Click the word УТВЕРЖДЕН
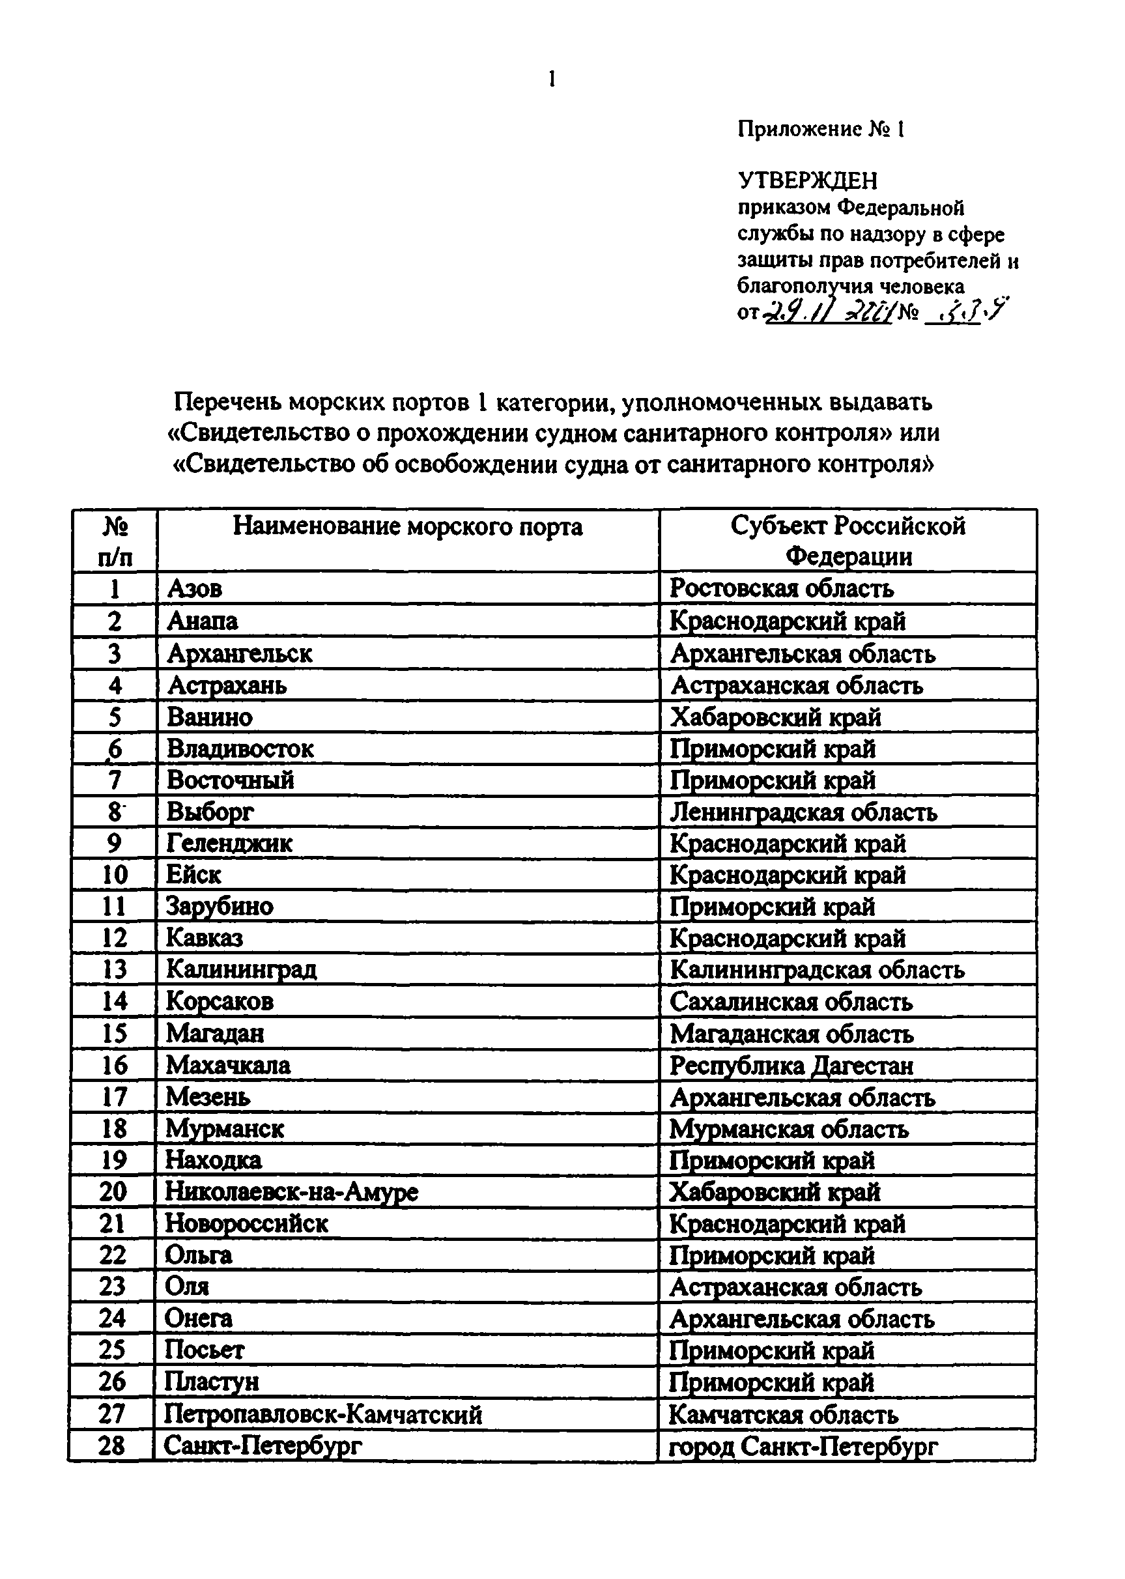coord(807,180)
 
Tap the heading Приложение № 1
coord(820,130)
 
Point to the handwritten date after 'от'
coord(827,314)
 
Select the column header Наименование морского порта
coord(407,527)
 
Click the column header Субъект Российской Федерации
coord(848,541)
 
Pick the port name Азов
coord(195,589)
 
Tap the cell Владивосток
coord(240,748)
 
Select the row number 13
coord(114,969)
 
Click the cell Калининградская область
coord(817,970)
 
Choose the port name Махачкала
coord(228,1065)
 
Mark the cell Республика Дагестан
coord(791,1066)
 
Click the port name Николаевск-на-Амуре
coord(292,1192)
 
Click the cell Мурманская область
coord(788,1130)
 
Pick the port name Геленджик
coord(229,844)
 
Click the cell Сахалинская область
coord(790,1002)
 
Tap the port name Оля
coord(187,1287)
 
